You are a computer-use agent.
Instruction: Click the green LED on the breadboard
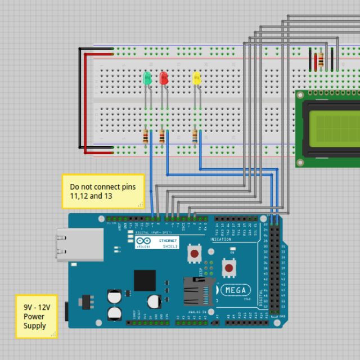pos(147,78)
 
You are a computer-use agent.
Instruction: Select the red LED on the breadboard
pos(164,78)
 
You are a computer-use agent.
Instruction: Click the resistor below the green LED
pos(146,136)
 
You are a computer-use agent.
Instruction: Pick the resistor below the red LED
pos(162,136)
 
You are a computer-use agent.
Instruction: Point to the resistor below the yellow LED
pos(195,136)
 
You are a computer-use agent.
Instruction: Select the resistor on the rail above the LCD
pos(321,60)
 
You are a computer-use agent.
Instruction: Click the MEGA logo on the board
pos(235,290)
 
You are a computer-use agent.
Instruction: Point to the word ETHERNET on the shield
pos(168,240)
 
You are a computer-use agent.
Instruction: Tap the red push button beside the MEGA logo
pos(229,268)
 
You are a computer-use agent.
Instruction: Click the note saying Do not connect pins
pos(103,191)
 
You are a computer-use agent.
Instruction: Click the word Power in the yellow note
pos(34,317)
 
